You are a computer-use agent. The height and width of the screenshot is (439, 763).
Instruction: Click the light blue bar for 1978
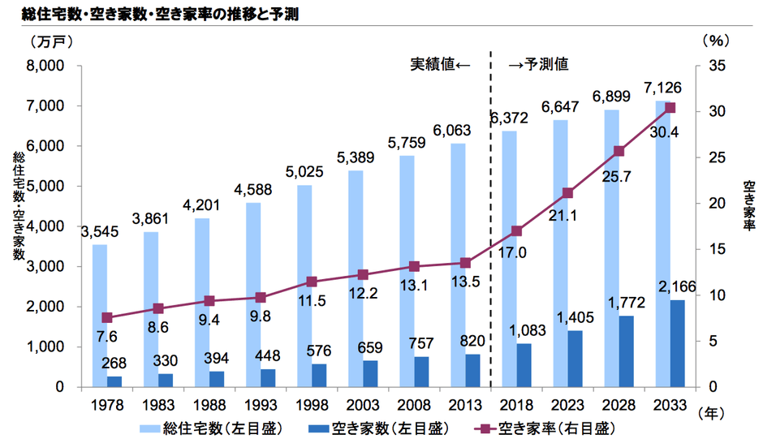(99, 315)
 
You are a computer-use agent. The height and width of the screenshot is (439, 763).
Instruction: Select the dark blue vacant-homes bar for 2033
(676, 343)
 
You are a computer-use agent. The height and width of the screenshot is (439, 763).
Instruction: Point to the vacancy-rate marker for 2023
(567, 193)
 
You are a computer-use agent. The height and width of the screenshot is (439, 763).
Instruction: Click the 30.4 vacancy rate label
(665, 131)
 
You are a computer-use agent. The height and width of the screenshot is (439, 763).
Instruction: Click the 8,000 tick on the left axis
(47, 66)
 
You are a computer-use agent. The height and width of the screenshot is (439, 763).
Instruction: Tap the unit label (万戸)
(50, 39)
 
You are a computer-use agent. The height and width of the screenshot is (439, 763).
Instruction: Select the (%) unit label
(717, 39)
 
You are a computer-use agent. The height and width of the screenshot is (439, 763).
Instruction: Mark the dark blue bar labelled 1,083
(524, 365)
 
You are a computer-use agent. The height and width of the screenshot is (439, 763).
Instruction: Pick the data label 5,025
(304, 172)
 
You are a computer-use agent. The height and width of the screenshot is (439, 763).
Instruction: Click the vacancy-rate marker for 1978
(107, 317)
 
